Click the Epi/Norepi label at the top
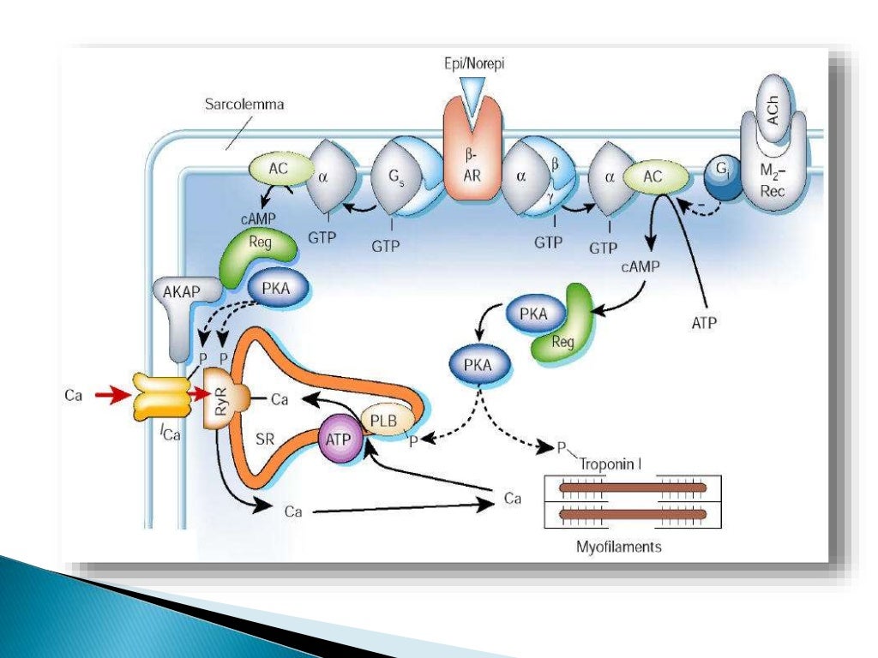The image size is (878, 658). click(x=470, y=63)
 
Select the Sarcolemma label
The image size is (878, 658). click(x=244, y=105)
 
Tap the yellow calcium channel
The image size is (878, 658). click(x=159, y=396)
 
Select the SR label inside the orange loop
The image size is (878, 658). click(x=265, y=437)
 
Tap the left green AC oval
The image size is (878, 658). click(x=276, y=169)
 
